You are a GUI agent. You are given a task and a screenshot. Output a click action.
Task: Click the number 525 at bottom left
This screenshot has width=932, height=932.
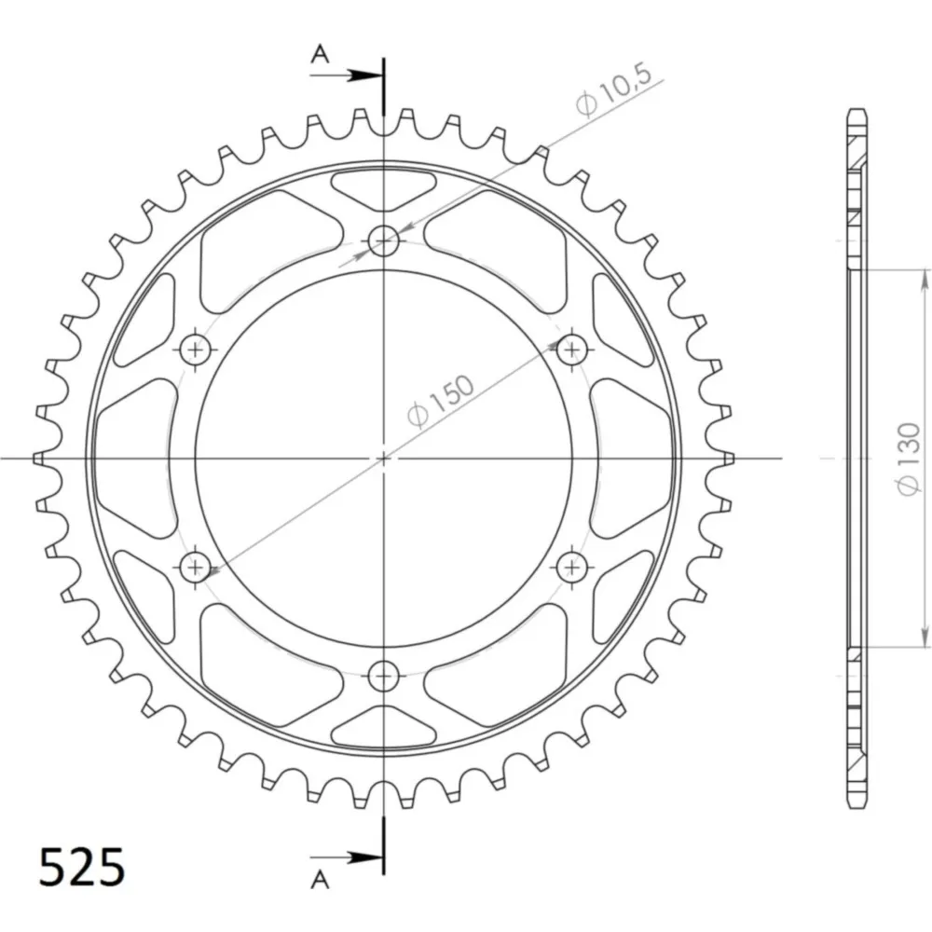[82, 867]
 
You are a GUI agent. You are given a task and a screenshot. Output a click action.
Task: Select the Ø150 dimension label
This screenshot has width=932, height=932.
[442, 400]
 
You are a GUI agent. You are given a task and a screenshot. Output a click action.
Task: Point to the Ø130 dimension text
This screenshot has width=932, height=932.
[910, 458]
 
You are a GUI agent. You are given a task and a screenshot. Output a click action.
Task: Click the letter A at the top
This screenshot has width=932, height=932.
[321, 55]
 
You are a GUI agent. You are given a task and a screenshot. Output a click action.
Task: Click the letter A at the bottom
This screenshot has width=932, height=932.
[321, 879]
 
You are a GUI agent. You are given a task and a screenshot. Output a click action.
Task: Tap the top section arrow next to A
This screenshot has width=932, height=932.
[346, 75]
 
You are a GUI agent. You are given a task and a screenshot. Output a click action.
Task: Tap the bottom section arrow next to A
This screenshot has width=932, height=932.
[346, 857]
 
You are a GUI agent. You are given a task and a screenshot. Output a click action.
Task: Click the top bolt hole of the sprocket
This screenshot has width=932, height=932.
[383, 241]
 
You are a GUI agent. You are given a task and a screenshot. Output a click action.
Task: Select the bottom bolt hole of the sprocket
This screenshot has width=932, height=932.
[383, 676]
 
